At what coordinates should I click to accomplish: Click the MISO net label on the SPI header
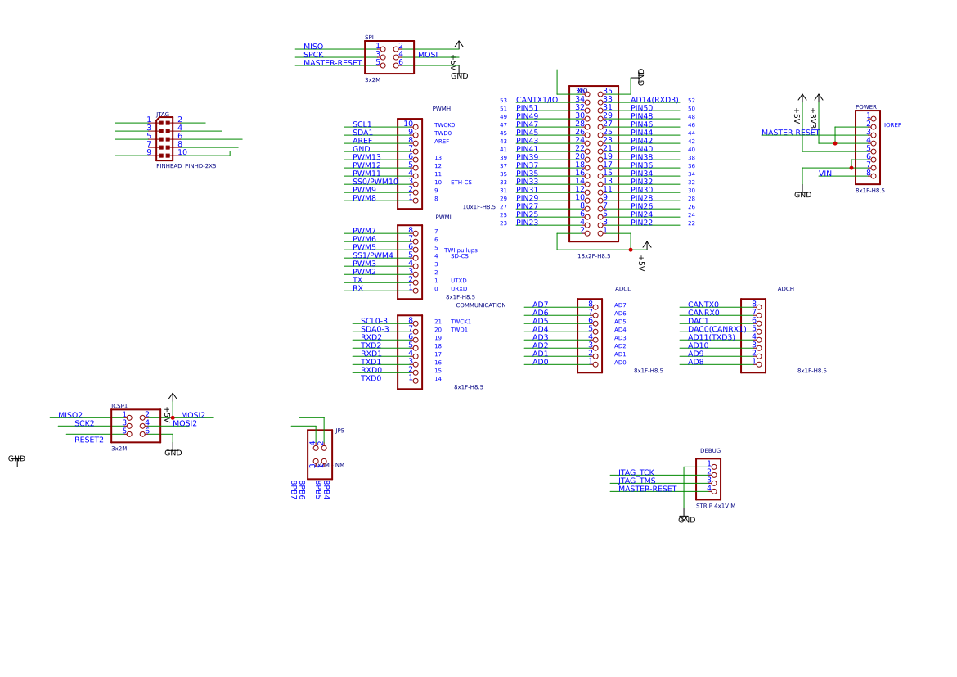pyautogui.click(x=313, y=47)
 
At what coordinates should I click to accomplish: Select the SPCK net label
pyautogui.click(x=313, y=55)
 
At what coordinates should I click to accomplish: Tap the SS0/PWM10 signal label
pyautogui.click(x=375, y=182)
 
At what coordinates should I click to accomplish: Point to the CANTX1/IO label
pyautogui.click(x=537, y=100)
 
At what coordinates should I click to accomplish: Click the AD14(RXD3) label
pyautogui.click(x=654, y=100)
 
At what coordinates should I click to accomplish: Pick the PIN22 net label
pyautogui.click(x=641, y=223)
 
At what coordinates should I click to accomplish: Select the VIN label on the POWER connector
pyautogui.click(x=824, y=174)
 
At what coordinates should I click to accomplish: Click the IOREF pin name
pyautogui.click(x=892, y=125)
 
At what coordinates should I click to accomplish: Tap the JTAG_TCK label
pyautogui.click(x=636, y=472)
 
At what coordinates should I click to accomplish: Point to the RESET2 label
pyautogui.click(x=89, y=440)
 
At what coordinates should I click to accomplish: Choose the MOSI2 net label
pyautogui.click(x=193, y=415)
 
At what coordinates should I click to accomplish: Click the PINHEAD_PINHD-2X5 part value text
pyautogui.click(x=186, y=166)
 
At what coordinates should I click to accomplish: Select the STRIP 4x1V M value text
pyautogui.click(x=715, y=506)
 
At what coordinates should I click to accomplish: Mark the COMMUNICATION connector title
pyautogui.click(x=480, y=305)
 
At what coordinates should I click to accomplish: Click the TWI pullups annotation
pyautogui.click(x=461, y=250)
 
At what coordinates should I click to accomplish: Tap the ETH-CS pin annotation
pyautogui.click(x=461, y=183)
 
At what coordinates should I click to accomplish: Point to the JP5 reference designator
pyautogui.click(x=339, y=431)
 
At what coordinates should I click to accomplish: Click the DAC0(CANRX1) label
pyautogui.click(x=717, y=329)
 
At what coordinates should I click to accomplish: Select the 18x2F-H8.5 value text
pyautogui.click(x=593, y=256)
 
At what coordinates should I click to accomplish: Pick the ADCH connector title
pyautogui.click(x=785, y=289)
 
